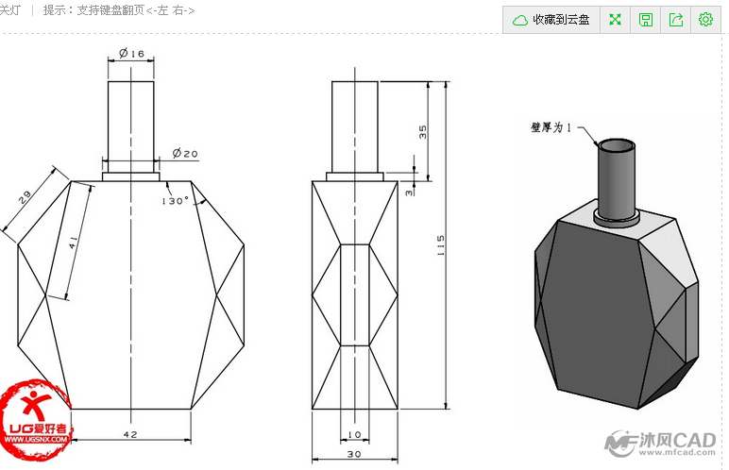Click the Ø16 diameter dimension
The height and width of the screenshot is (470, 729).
[132, 55]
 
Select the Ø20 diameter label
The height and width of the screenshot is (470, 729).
[185, 154]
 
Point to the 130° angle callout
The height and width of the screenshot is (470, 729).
[176, 201]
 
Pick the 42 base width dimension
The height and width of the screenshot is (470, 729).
[131, 435]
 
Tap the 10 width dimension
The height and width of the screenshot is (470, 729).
[355, 435]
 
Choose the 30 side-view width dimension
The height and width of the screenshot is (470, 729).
[355, 455]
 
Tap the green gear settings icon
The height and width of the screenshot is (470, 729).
[705, 19]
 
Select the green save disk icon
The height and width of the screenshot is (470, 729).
[646, 19]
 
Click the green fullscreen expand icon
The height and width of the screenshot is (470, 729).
[616, 19]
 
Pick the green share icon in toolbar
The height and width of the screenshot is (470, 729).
[676, 19]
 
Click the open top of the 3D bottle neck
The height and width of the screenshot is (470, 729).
[619, 146]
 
